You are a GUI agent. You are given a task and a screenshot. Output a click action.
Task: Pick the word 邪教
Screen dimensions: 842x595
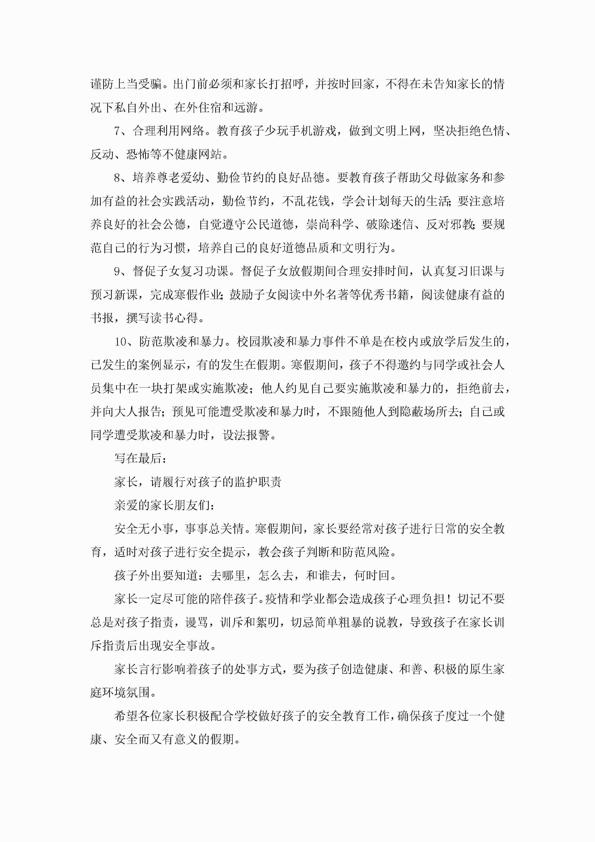(462, 225)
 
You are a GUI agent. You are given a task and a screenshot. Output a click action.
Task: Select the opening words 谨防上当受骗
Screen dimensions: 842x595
(126, 84)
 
